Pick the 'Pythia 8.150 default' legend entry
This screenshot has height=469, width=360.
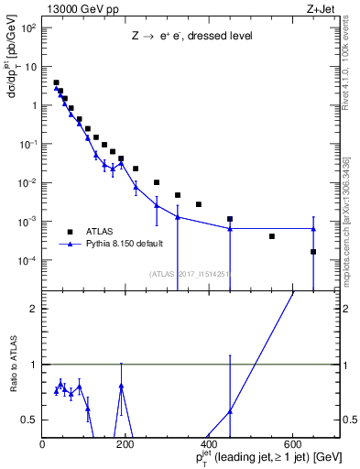129,245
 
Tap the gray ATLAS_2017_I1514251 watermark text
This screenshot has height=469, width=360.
189,273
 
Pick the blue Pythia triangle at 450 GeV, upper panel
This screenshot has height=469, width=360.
230,228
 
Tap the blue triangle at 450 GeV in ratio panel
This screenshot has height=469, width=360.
230,411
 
